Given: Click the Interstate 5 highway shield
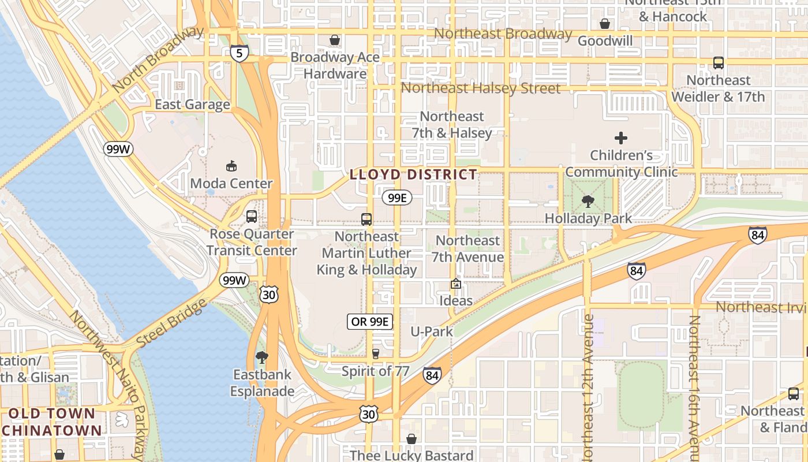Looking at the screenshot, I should coord(239,53).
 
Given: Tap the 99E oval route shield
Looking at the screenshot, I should coord(397,198).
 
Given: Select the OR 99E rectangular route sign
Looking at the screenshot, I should coord(370,322).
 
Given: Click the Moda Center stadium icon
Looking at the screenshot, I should coord(231,166).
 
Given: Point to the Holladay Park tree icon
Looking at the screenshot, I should coord(588,202).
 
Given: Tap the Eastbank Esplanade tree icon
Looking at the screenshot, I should coord(262,357).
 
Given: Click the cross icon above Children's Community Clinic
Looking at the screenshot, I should coord(621,138).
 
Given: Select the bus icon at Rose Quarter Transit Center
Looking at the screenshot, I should coord(252,217).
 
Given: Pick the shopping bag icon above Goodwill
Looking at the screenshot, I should coord(605,24).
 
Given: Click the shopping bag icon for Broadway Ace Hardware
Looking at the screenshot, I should coord(335,40).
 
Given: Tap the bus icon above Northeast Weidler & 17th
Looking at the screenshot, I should coord(719,63).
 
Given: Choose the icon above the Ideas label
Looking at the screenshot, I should coord(456,284).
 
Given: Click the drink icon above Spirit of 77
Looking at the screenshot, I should coord(376,353).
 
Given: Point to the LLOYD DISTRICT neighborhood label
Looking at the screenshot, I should coord(414,174).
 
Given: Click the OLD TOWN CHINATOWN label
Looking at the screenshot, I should coord(52,422).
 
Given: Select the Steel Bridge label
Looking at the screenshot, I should coord(171,324).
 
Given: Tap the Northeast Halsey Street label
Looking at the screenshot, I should coord(480,88).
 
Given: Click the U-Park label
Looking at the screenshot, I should coord(432,331).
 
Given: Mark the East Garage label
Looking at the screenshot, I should coord(192,105).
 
